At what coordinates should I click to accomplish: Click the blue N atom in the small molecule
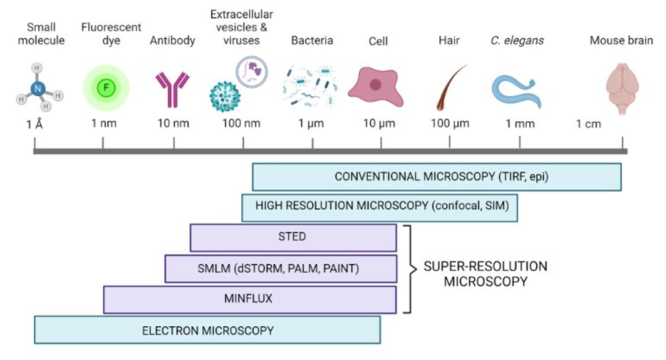(x=38, y=89)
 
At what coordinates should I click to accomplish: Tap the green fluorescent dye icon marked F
(x=106, y=87)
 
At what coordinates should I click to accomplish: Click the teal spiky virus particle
(x=225, y=97)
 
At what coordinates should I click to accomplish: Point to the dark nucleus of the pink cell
(x=375, y=84)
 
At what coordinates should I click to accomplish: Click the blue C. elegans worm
(x=517, y=91)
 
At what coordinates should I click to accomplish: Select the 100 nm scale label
(x=241, y=124)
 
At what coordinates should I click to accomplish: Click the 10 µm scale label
(x=379, y=124)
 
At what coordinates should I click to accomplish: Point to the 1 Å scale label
(x=34, y=124)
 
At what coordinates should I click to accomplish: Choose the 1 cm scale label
(x=588, y=124)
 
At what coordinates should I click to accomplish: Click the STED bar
(x=292, y=237)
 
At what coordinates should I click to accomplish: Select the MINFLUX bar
(x=249, y=299)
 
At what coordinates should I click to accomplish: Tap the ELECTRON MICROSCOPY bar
(x=207, y=330)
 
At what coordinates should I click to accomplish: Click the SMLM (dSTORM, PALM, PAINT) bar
(x=280, y=268)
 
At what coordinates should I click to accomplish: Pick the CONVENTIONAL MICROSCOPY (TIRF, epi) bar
(x=436, y=176)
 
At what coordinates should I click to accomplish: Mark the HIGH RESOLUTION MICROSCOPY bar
(x=379, y=207)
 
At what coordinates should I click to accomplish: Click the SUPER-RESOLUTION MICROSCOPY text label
(x=485, y=274)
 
